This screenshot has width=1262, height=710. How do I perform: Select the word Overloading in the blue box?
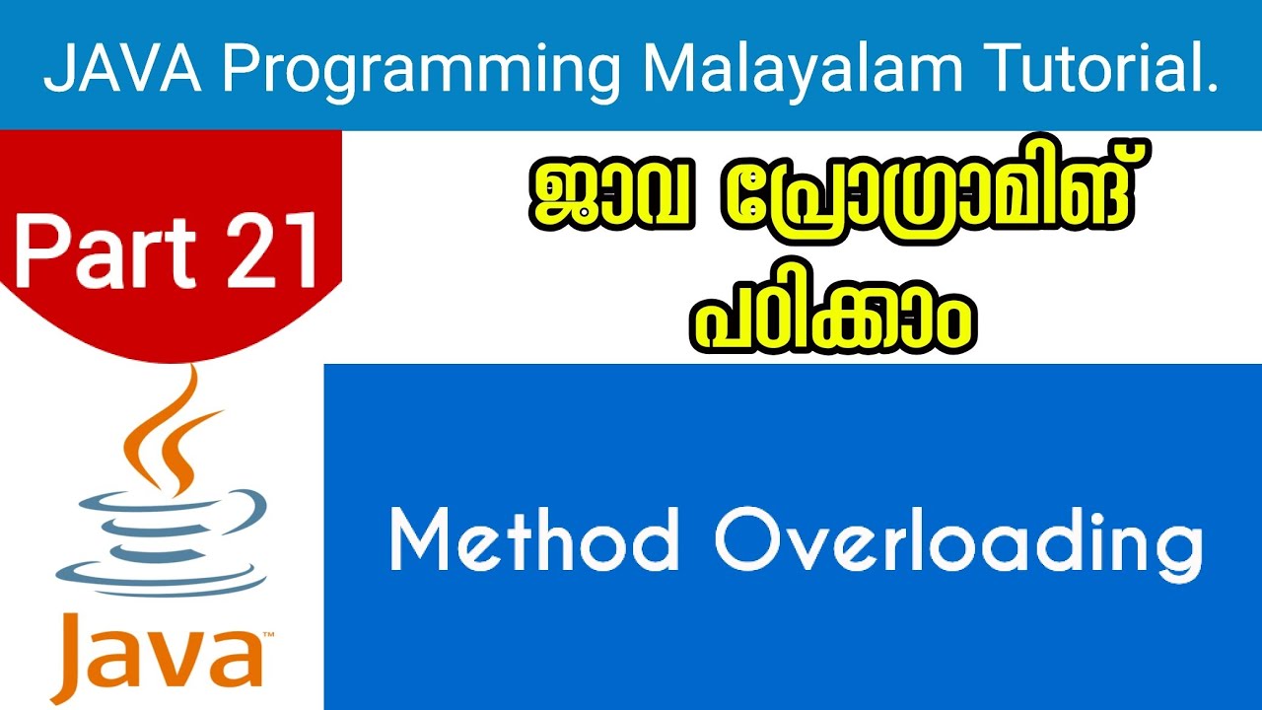click(958, 542)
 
